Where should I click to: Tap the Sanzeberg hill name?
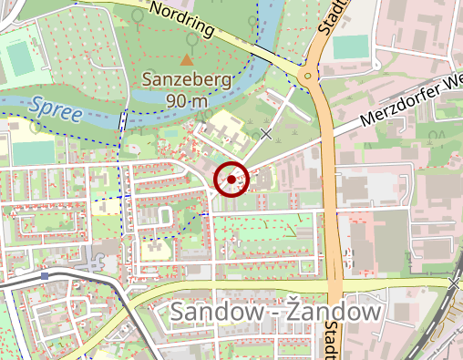click(187, 80)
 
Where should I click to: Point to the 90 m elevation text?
click(187, 101)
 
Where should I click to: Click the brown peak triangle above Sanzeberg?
click(187, 59)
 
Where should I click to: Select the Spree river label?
click(56, 109)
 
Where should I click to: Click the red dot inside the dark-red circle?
click(231, 180)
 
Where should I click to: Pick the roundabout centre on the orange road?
click(309, 76)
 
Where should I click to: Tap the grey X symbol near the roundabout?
click(266, 134)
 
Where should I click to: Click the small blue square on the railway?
click(44, 275)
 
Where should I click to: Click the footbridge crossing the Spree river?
click(122, 121)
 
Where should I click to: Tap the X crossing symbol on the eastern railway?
click(453, 284)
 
